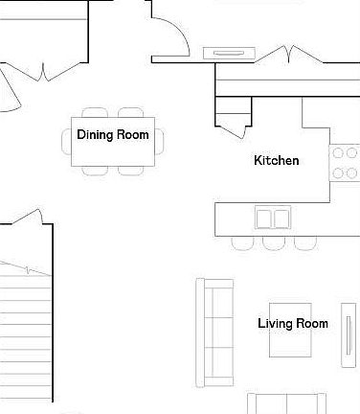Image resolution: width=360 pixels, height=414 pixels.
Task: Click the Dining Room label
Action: [113, 135]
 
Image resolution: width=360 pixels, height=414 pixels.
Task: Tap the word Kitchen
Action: [276, 160]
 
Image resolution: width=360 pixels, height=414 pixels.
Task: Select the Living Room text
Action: [292, 323]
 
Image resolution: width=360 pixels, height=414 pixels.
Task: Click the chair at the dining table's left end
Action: [70, 140]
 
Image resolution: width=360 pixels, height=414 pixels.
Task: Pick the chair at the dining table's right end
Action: [161, 140]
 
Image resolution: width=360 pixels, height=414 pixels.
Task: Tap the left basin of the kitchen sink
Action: [263, 218]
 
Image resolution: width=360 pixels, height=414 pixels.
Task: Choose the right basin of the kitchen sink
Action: [281, 218]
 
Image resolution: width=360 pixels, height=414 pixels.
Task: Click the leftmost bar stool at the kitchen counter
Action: [242, 241]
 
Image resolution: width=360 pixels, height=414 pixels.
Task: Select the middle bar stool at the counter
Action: [273, 241]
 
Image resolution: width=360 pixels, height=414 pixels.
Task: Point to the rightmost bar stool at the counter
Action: [304, 241]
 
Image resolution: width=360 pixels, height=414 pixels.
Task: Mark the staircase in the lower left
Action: [24, 326]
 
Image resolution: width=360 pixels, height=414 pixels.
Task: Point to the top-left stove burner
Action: [338, 152]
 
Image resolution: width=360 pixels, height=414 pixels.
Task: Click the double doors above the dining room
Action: [43, 67]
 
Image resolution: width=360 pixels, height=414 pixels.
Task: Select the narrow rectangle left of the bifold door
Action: [230, 53]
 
